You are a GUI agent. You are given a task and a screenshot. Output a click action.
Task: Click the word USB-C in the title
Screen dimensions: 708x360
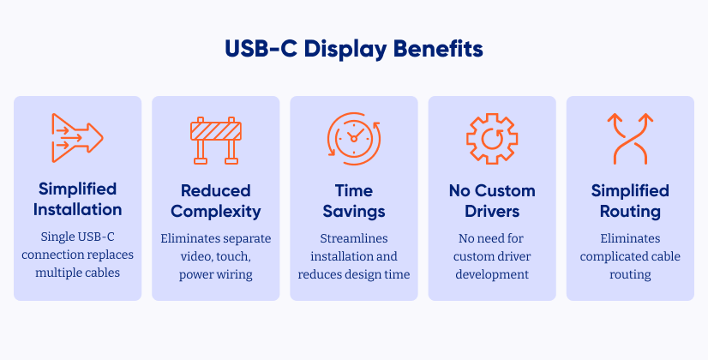(x=261, y=49)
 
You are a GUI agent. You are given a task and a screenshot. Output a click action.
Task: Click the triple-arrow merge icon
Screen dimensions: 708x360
(x=77, y=138)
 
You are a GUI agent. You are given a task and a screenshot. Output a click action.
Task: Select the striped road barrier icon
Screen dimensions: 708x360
(x=216, y=141)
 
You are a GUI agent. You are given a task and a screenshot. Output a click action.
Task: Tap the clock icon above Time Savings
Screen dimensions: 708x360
(x=354, y=138)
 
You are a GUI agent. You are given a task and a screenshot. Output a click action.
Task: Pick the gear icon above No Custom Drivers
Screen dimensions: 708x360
(x=492, y=139)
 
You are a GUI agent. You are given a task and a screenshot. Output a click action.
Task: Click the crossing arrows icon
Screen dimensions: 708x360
(x=630, y=138)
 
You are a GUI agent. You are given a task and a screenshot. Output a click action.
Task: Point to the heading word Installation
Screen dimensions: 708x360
(x=78, y=210)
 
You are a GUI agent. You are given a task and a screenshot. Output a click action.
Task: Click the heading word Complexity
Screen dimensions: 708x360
(x=216, y=212)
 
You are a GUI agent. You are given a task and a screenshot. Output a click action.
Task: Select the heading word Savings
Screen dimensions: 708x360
(x=354, y=212)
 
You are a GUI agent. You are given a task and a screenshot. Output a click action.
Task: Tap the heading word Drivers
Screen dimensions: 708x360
(x=492, y=212)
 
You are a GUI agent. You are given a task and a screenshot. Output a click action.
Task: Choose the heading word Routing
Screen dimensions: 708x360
(x=630, y=212)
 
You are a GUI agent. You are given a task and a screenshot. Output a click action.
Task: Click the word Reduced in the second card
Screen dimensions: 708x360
(x=216, y=190)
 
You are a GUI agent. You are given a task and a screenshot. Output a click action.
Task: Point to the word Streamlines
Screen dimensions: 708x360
(x=354, y=238)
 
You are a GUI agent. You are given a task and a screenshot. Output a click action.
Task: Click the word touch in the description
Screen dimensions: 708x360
(x=233, y=256)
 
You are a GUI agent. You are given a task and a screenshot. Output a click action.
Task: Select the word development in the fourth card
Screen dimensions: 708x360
(x=492, y=274)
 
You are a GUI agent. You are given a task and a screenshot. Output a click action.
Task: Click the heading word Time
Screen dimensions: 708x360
(x=354, y=190)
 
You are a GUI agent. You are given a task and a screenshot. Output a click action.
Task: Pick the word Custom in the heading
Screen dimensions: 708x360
(x=507, y=190)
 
